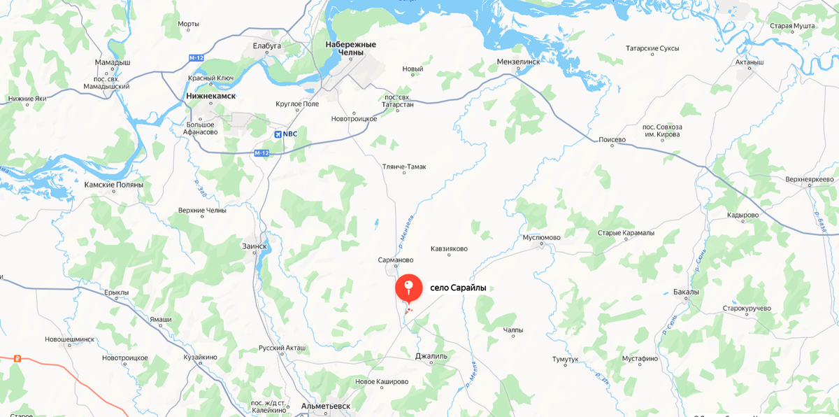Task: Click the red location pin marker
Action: pyautogui.click(x=409, y=288)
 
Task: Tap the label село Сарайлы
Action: pyautogui.click(x=458, y=288)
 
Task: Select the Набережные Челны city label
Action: pyautogui.click(x=351, y=48)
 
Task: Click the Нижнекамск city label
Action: pyautogui.click(x=211, y=96)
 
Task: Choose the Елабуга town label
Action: pyautogui.click(x=266, y=46)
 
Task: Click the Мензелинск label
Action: pyautogui.click(x=518, y=62)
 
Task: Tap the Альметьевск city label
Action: pyautogui.click(x=325, y=406)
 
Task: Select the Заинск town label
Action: pyautogui.click(x=253, y=246)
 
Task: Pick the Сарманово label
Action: pyautogui.click(x=396, y=260)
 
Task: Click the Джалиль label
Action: pyautogui.click(x=431, y=356)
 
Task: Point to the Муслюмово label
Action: pyautogui.click(x=542, y=237)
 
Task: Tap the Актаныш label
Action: pyautogui.click(x=750, y=62)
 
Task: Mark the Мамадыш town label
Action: pyautogui.click(x=113, y=62)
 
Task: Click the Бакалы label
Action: pyautogui.click(x=686, y=292)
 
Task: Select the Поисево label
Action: pyautogui.click(x=612, y=139)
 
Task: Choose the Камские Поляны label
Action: pyautogui.click(x=113, y=185)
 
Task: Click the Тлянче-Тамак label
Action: pyautogui.click(x=404, y=167)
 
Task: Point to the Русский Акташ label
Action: pyautogui.click(x=282, y=348)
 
